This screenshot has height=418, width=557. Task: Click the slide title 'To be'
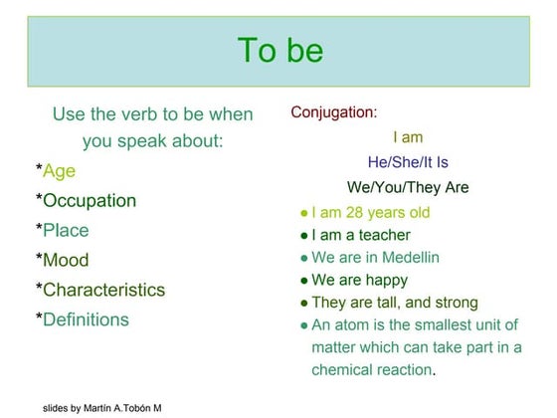(x=280, y=51)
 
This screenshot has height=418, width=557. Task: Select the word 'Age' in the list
(x=59, y=171)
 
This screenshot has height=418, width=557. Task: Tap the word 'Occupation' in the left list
(x=90, y=201)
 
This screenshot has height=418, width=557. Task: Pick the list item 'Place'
(x=66, y=231)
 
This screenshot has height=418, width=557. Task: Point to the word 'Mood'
(x=66, y=261)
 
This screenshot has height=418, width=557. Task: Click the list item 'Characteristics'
(x=104, y=291)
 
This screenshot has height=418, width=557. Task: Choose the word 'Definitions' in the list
(x=86, y=320)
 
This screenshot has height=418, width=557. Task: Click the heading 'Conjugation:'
(x=334, y=112)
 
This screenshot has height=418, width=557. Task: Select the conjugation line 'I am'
(x=408, y=137)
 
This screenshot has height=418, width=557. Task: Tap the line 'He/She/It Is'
(x=408, y=162)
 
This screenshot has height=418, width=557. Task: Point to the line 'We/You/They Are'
(x=408, y=187)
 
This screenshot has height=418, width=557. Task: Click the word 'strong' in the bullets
(x=456, y=303)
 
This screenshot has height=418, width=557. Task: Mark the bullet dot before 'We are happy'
(x=303, y=281)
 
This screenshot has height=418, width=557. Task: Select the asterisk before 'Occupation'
(x=39, y=199)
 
